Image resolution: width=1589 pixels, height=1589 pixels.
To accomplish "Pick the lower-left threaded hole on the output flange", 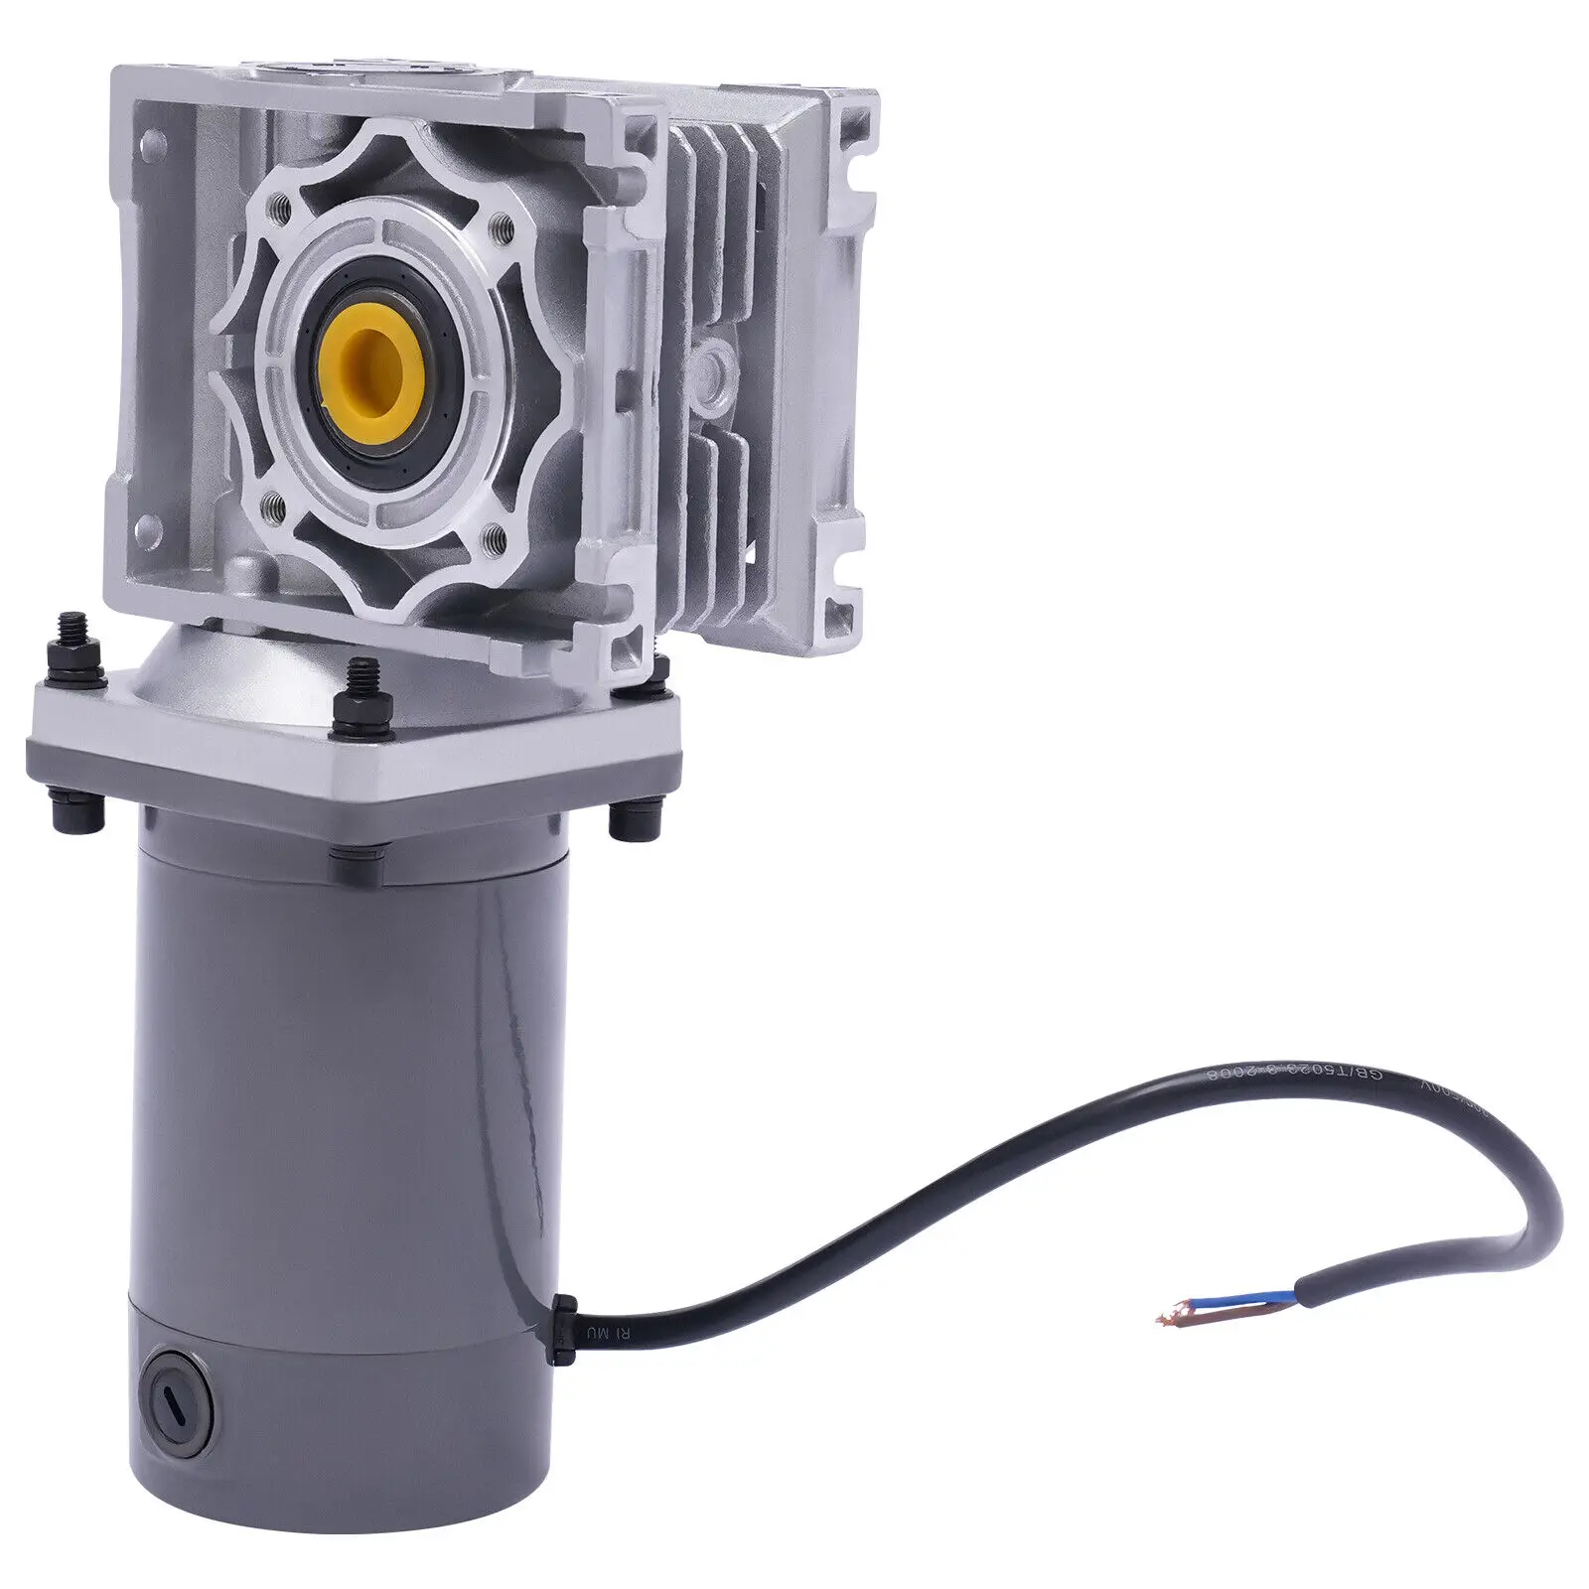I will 275,510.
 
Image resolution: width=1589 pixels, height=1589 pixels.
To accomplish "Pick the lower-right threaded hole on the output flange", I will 493,539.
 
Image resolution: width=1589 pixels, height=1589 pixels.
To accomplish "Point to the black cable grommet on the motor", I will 563,1329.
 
